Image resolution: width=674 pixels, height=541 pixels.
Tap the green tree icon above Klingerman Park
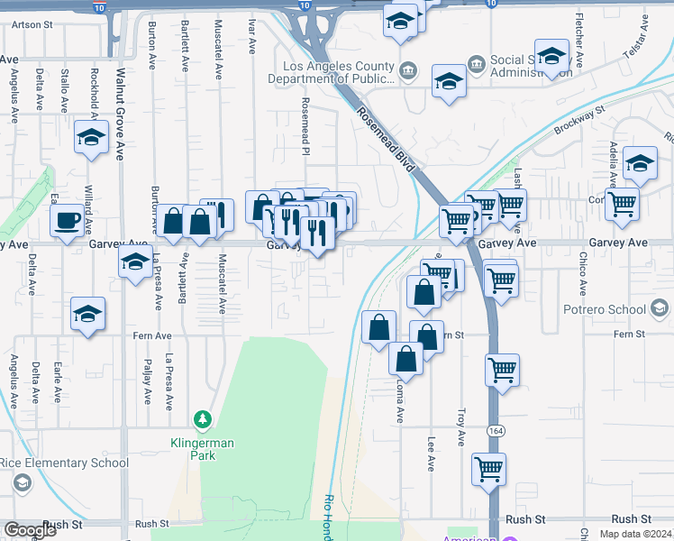point(203,419)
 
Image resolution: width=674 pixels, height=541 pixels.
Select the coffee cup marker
point(68,221)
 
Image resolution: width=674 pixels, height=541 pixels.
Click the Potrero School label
point(609,309)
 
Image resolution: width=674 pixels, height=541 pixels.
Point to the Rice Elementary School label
point(64,463)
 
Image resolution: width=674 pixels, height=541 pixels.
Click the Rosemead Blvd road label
point(386,140)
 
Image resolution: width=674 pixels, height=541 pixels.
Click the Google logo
point(31,530)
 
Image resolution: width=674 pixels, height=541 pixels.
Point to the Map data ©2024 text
point(635,534)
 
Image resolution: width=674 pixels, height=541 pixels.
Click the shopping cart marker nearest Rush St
point(488,470)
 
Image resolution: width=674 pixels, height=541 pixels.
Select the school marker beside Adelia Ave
point(640,164)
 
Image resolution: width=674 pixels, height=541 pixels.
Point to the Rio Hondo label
point(329,518)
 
